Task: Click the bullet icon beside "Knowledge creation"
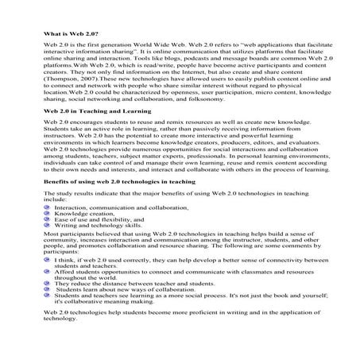click(x=47, y=235)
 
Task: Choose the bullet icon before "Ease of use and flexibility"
click(x=47, y=242)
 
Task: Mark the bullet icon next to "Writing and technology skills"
click(x=47, y=249)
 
